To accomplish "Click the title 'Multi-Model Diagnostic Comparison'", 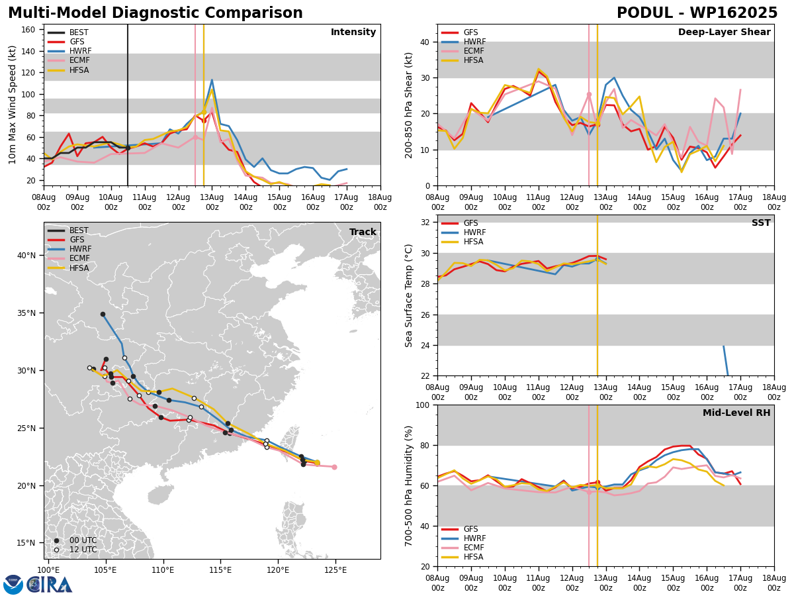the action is pyautogui.click(x=155, y=13).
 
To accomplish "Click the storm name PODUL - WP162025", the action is pyautogui.click(x=697, y=13).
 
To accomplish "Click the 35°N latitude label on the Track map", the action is pyautogui.click(x=26, y=313).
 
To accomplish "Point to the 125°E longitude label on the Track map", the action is pyautogui.click(x=335, y=570).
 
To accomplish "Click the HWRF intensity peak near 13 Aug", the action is pyautogui.click(x=212, y=80).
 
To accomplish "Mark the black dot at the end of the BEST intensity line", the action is pyautogui.click(x=128, y=148).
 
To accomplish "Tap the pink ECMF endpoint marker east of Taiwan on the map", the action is pyautogui.click(x=334, y=467).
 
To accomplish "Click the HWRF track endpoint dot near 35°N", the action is pyautogui.click(x=103, y=315).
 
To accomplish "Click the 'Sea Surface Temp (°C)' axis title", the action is pyautogui.click(x=408, y=295).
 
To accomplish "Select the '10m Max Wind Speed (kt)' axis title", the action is pyautogui.click(x=12, y=105).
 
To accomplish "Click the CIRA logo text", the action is pyautogui.click(x=49, y=584).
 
